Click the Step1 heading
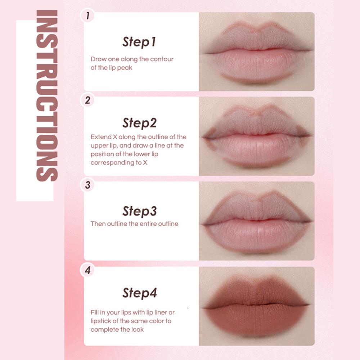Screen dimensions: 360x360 139,42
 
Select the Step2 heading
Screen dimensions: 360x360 139,123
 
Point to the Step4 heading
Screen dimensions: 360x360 139,293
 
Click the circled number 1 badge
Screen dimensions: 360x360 87,16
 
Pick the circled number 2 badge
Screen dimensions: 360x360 87,100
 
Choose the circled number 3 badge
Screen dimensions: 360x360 87,186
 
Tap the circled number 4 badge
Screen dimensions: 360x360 87,270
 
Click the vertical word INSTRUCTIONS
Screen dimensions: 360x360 47,96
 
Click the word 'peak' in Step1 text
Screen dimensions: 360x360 125,68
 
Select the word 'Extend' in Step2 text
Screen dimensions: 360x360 101,137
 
